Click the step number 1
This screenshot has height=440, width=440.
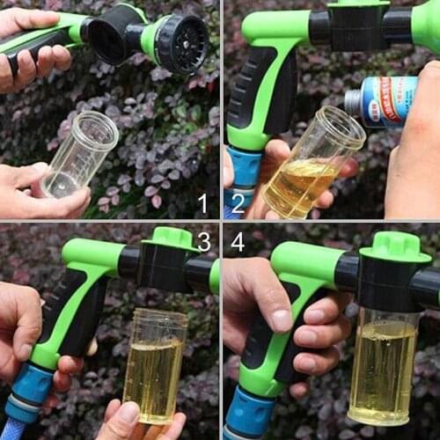click(x=202, y=203)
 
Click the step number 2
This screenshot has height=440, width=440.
click(x=423, y=205)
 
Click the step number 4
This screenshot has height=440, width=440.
click(x=237, y=241)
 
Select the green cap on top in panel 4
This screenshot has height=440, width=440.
click(x=394, y=246)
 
